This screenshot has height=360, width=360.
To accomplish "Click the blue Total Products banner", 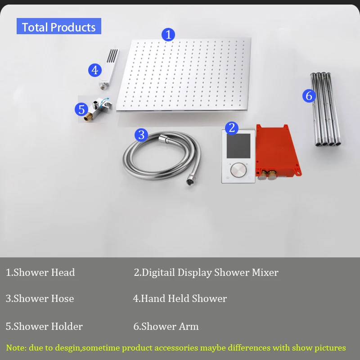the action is (59, 26).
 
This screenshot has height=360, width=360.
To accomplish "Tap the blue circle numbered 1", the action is (168, 35).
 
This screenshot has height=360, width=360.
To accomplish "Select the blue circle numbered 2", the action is (232, 128).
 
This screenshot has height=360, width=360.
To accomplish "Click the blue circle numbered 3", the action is (141, 135).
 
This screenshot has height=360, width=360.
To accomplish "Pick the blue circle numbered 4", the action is (95, 70).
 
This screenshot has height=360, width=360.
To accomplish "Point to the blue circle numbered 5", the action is (81, 109).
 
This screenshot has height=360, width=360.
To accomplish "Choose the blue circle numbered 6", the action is (309, 96).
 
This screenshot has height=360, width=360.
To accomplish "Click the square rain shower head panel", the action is (184, 75).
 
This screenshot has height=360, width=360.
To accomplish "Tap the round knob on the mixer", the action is (238, 170).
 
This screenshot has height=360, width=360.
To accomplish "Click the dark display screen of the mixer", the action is (238, 146).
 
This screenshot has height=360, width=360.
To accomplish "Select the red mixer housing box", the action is (278, 152).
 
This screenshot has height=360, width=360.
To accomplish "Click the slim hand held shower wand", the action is (109, 68).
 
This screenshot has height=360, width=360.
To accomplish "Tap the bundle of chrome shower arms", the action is (326, 109).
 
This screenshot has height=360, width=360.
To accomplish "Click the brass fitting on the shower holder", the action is (88, 117).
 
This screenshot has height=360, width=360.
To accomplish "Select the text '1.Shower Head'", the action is (40, 273).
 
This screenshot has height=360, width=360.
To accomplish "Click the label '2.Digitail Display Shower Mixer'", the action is (206, 273).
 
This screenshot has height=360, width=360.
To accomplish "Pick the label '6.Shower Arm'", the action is (166, 327).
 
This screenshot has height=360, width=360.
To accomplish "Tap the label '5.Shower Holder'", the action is (44, 327).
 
